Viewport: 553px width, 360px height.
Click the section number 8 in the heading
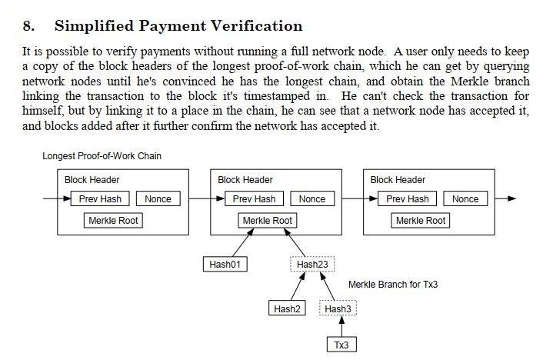click(29, 27)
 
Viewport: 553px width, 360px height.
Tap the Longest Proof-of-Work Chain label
click(102, 156)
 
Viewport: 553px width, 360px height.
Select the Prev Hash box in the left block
click(102, 199)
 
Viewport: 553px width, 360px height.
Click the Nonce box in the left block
click(158, 199)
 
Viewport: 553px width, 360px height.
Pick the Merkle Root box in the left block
click(114, 221)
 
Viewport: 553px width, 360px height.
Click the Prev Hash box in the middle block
click(255, 199)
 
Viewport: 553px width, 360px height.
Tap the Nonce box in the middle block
click(311, 199)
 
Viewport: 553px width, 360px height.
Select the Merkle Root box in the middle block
click(267, 221)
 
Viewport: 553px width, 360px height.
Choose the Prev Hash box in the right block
click(408, 199)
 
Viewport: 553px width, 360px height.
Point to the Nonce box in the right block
click(465, 199)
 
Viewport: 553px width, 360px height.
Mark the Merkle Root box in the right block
click(420, 221)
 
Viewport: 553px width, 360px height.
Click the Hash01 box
click(225, 265)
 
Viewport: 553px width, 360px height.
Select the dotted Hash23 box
click(312, 265)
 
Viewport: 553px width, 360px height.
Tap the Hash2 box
click(288, 308)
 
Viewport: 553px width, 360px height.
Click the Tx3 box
click(341, 345)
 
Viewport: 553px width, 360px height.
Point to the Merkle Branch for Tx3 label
click(392, 285)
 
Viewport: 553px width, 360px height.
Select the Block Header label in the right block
click(398, 180)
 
